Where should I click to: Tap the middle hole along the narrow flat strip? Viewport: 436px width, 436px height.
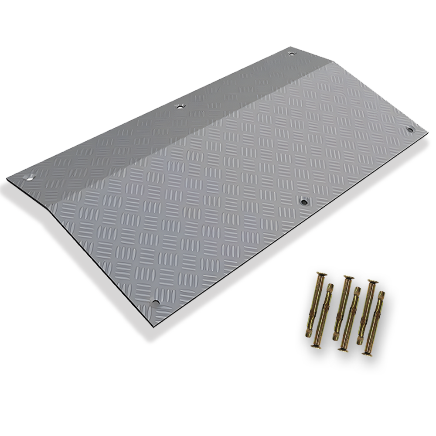[x=179, y=106]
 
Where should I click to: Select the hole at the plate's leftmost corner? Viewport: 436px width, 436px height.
[x=31, y=177]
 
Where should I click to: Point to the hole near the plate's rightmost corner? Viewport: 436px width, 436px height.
[x=409, y=129]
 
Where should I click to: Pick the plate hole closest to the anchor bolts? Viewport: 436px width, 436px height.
[x=304, y=201]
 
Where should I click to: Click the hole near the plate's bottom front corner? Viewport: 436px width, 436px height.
[x=155, y=302]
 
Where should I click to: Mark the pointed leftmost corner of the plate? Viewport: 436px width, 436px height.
[x=7, y=179]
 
